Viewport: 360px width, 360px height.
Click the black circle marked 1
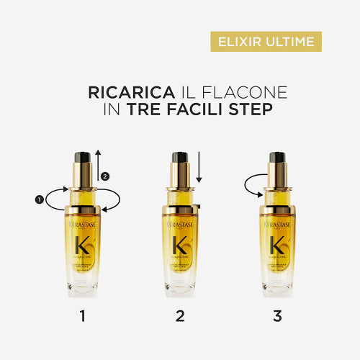[x=39, y=198]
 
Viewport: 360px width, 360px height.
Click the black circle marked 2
[x=106, y=176]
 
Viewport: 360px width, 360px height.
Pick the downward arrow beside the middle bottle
[x=200, y=169]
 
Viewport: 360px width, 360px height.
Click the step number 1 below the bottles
[x=84, y=315]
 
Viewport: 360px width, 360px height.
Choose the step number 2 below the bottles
[x=180, y=315]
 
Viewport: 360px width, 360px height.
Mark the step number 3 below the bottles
[x=277, y=315]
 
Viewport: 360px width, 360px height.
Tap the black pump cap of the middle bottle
[x=180, y=157]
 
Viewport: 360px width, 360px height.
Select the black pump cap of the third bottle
[x=277, y=156]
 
